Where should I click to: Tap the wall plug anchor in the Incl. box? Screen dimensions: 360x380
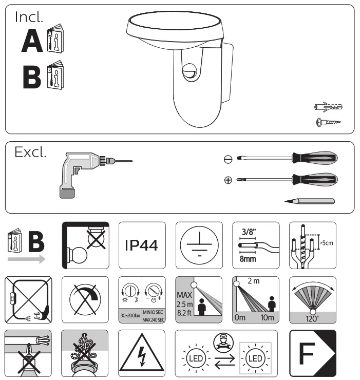(328, 107)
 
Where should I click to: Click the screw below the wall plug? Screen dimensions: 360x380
(329, 122)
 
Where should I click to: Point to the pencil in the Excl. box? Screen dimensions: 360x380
(310, 201)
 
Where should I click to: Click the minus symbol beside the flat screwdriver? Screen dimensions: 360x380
(228, 159)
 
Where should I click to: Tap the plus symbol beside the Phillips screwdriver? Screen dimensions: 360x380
(228, 180)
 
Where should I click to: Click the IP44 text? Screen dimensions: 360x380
(141, 245)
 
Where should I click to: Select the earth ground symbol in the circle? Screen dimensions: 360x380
(199, 245)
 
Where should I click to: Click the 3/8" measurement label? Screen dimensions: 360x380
(249, 232)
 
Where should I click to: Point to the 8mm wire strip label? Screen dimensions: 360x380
(248, 259)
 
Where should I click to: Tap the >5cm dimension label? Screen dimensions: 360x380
(326, 243)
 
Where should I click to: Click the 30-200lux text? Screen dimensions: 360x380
(130, 315)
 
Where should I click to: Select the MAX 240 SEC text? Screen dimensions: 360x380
(154, 320)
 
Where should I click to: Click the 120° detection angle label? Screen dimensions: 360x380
(312, 318)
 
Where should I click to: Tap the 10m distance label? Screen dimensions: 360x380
(268, 317)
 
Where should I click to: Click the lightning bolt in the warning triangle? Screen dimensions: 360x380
(142, 356)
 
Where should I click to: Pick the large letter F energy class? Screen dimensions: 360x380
(307, 353)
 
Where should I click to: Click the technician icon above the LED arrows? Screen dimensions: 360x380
(223, 343)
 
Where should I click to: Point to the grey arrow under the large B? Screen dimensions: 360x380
(26, 259)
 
